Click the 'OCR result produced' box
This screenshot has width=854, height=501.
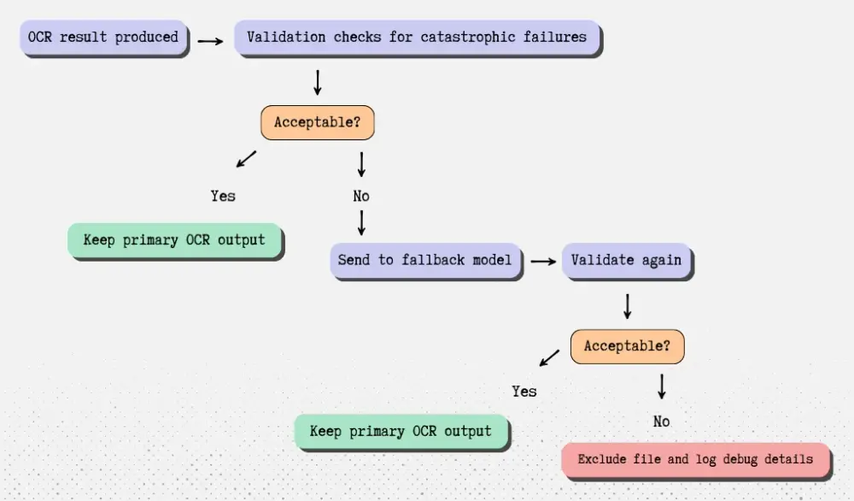103,38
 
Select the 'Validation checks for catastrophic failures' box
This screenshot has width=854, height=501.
417,38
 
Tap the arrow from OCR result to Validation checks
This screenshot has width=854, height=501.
211,39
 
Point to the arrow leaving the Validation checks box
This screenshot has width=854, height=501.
318,82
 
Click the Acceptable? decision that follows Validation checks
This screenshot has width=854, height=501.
318,123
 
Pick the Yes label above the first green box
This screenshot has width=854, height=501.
223,196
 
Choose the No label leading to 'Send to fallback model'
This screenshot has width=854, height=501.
361,196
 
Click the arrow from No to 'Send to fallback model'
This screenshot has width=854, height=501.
361,223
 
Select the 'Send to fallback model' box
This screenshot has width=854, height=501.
425,260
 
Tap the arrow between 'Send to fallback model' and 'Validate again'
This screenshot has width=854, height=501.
541,261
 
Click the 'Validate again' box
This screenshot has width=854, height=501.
626,260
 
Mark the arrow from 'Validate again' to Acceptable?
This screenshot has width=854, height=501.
628,306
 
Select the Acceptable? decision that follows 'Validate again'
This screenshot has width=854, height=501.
628,347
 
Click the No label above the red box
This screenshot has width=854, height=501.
662,421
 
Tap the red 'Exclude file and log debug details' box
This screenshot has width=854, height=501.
695,460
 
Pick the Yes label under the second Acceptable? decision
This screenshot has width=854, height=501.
524,391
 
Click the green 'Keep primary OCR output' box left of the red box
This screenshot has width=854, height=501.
401,432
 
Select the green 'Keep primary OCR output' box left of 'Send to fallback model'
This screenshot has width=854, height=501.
174,240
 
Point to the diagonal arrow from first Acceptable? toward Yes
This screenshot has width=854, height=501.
246,158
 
